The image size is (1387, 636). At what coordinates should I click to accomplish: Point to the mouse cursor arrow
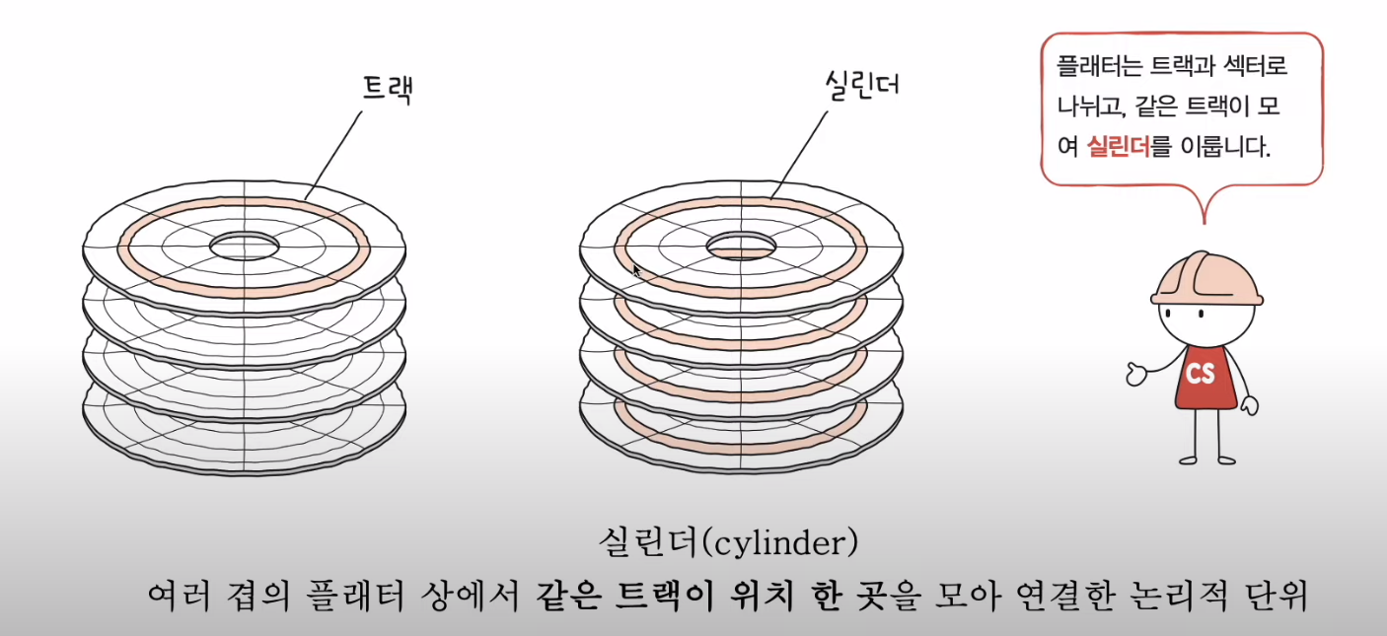[637, 270]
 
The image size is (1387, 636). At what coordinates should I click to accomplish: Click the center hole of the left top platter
[244, 245]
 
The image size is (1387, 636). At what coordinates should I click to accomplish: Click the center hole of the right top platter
[741, 246]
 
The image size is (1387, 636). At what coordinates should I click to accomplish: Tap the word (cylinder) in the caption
[786, 541]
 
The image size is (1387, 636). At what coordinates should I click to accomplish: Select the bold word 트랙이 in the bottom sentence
[657, 596]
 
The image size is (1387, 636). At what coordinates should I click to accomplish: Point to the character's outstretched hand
[1137, 374]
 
